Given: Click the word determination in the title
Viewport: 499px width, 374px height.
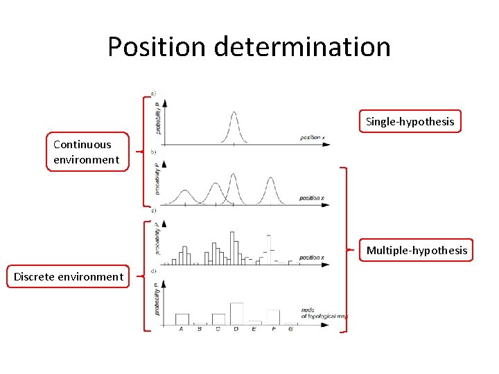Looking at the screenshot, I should (302, 47).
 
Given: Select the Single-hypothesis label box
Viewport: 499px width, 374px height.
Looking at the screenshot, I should (410, 122).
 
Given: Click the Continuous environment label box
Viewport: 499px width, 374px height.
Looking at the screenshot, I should (87, 152).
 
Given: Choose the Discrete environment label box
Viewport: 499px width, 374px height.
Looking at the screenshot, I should (68, 276).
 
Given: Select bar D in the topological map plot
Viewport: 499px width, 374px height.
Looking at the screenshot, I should (236, 313).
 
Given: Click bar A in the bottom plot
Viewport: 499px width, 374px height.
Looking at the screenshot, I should (182, 319).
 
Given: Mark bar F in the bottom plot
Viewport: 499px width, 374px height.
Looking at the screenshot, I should (273, 317).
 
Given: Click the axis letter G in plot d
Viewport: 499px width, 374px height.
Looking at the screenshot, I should (290, 329).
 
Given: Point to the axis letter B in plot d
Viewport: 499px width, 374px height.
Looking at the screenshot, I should (200, 329).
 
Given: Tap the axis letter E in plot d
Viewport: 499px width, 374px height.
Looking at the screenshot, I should (254, 329).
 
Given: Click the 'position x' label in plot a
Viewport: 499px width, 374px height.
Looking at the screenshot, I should (312, 137).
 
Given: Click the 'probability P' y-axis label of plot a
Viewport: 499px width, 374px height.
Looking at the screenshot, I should (157, 117).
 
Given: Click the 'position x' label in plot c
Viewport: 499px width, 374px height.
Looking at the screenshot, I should (312, 258).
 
